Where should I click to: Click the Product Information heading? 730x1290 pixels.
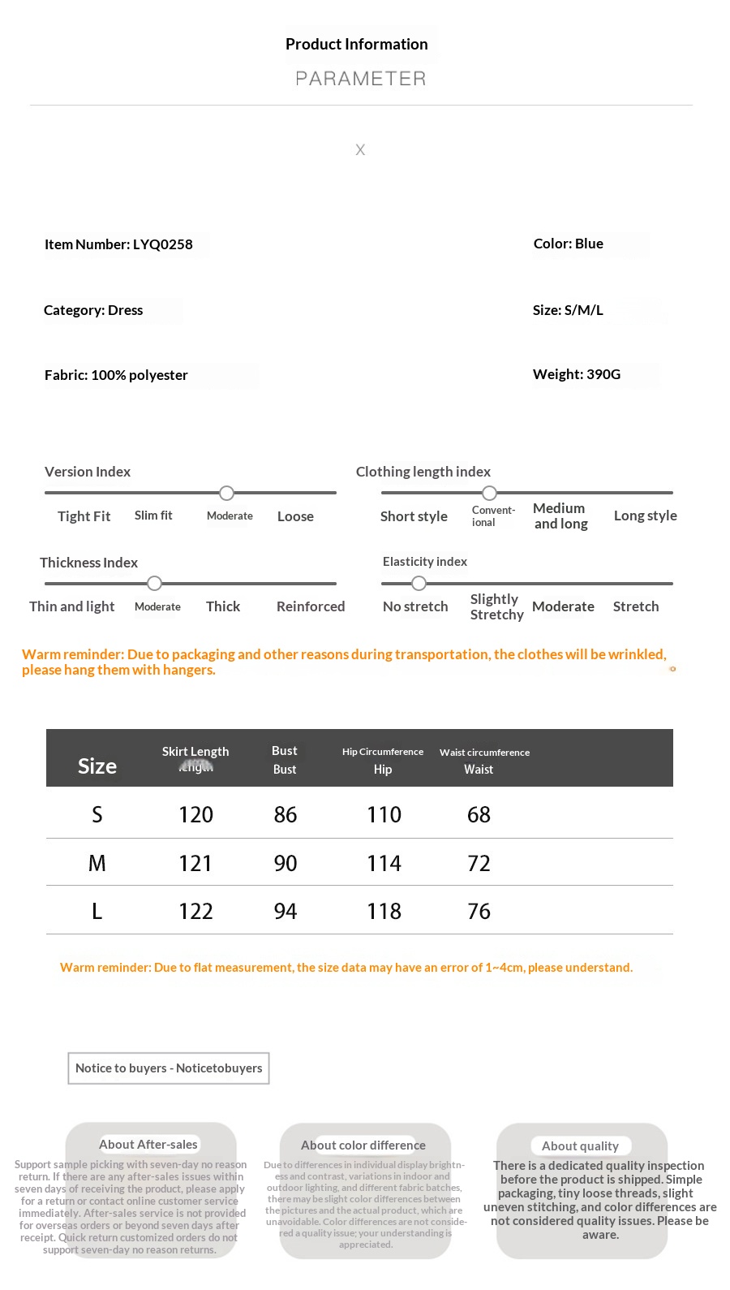point(356,45)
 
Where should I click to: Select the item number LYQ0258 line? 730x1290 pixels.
point(118,244)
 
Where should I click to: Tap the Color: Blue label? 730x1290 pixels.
point(568,244)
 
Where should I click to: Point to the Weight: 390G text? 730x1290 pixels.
point(576,374)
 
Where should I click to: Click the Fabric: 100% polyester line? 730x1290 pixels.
point(116,375)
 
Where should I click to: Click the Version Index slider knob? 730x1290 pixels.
point(227,493)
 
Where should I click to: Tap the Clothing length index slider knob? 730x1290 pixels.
point(489,493)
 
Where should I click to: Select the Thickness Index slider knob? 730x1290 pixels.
point(154,583)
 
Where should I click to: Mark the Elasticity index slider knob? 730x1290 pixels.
point(419,583)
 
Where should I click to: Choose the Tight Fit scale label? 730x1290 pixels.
point(84,516)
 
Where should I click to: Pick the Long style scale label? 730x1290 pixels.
point(645,516)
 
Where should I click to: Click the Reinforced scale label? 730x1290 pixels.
point(310,606)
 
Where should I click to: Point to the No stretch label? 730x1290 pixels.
point(415,606)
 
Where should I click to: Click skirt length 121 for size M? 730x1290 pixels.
point(195,863)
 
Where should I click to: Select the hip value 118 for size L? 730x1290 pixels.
point(384,911)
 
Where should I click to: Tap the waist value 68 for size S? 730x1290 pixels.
point(479,814)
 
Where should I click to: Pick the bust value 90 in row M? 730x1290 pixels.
point(285,863)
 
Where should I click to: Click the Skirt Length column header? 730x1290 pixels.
point(195,752)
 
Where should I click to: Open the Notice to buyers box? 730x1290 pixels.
point(169,1068)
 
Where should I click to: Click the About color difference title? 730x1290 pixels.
point(363,1145)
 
